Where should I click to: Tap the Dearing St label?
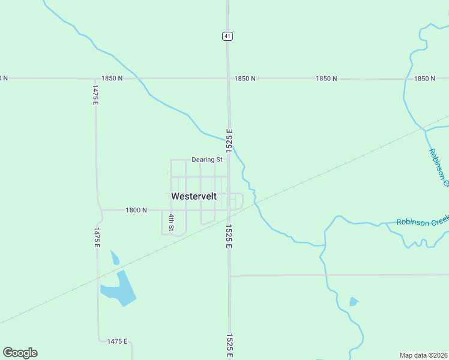click(x=207, y=160)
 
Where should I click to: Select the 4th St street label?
click(x=171, y=223)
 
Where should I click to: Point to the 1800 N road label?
click(x=136, y=210)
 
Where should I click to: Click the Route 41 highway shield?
click(x=227, y=36)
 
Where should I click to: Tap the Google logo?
click(x=20, y=353)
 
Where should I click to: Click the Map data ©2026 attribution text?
click(x=423, y=355)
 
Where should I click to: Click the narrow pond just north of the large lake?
click(x=115, y=258)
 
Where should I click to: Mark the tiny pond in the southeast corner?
click(x=354, y=301)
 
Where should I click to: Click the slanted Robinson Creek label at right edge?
click(x=438, y=167)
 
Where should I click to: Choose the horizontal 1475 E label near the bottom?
click(x=117, y=341)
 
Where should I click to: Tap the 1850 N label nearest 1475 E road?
click(x=112, y=79)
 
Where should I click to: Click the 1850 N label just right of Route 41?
click(x=245, y=79)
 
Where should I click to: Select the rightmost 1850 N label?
click(x=424, y=79)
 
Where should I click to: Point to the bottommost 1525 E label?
click(x=229, y=346)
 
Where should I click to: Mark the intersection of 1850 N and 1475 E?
click(x=95, y=79)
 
